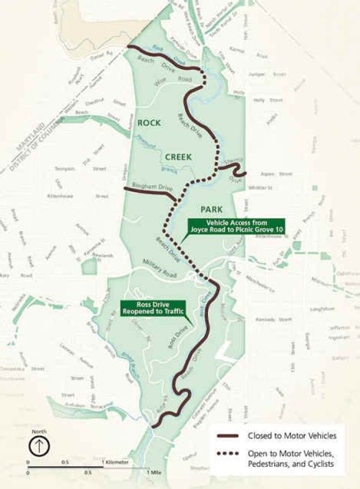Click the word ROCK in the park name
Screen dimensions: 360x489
click(149, 122)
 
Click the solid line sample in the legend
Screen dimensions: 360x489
click(228, 436)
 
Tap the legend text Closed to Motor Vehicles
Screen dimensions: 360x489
click(292, 436)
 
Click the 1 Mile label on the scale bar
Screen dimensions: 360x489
click(155, 471)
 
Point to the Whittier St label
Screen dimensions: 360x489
click(259, 188)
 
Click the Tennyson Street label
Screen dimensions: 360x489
click(80, 169)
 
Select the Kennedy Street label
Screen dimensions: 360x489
click(272, 319)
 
